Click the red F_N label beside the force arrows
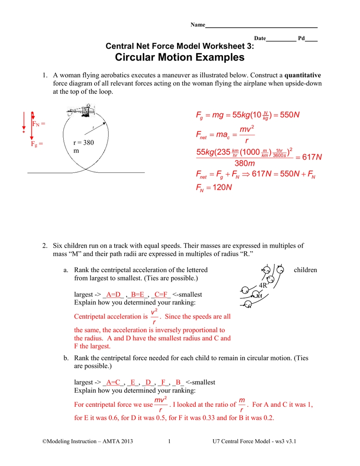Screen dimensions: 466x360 click(x=38, y=123)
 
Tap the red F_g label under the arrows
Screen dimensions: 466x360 click(x=37, y=144)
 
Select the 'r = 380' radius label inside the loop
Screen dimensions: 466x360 click(x=83, y=143)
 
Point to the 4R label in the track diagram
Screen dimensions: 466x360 click(x=263, y=285)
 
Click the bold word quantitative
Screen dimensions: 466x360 click(x=303, y=75)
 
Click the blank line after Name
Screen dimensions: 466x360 click(x=261, y=26)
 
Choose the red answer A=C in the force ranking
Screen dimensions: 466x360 click(x=113, y=382)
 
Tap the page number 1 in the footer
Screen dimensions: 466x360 click(x=169, y=441)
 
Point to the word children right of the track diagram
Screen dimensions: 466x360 click(x=305, y=270)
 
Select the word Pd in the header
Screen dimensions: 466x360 click(x=301, y=39)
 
